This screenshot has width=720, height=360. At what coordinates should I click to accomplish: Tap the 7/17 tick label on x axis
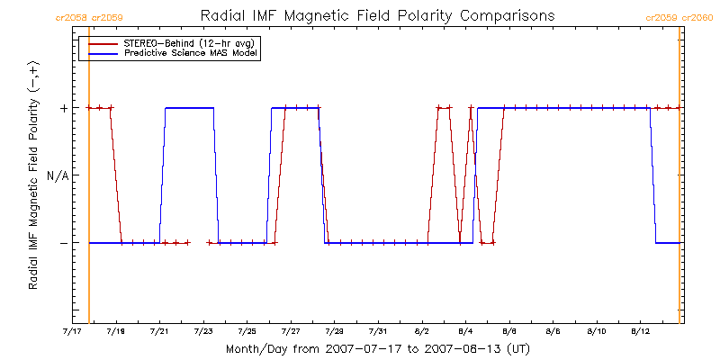71,332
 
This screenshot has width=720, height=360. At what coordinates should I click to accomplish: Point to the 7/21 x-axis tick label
158,332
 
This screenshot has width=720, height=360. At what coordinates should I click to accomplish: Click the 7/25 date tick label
247,332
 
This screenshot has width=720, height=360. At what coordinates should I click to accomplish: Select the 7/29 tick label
334,332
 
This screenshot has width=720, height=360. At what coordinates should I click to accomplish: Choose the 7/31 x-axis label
378,332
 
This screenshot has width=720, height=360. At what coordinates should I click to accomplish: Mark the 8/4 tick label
465,332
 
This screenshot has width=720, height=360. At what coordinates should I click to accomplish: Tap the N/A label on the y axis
57,175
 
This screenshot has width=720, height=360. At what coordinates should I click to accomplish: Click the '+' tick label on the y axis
63,108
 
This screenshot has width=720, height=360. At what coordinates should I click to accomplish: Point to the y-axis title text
33,175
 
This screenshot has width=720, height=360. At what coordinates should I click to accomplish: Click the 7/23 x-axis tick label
202,332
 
